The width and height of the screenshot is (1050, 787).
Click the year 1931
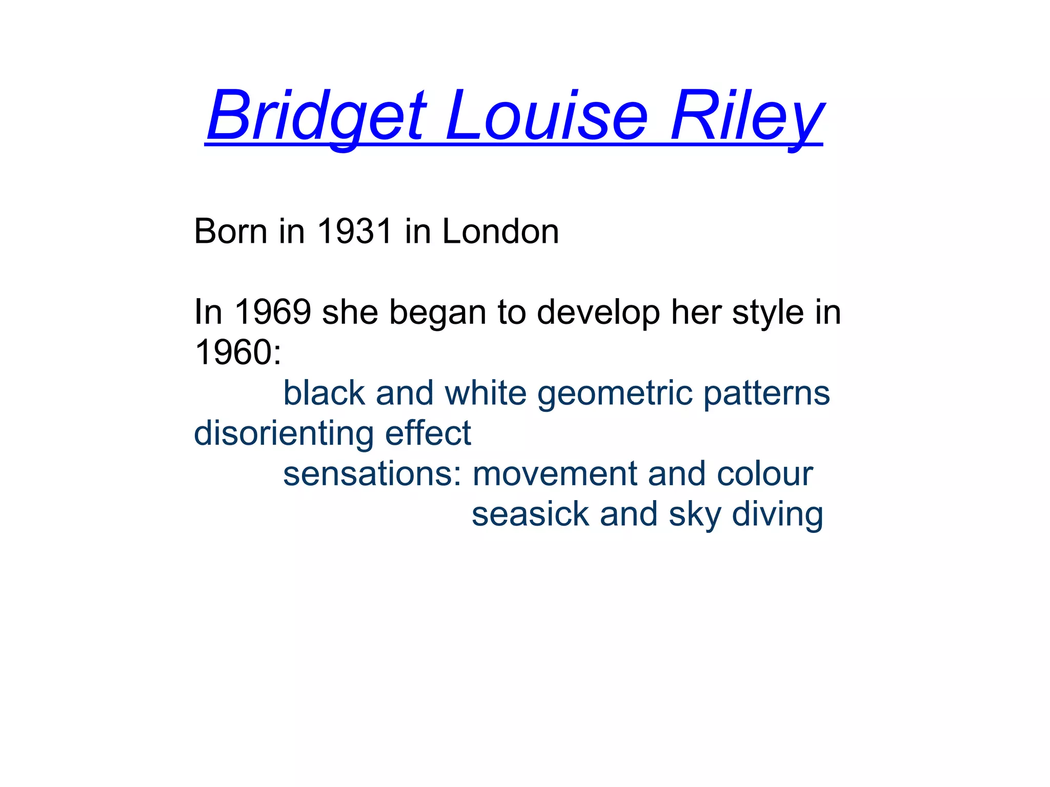click(355, 232)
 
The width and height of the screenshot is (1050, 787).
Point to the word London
click(500, 232)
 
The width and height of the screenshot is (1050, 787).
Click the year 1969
click(273, 312)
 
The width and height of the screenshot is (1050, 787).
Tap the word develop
click(598, 312)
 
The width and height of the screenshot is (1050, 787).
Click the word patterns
click(766, 393)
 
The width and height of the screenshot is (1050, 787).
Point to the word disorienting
click(284, 433)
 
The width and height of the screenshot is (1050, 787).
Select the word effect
click(428, 433)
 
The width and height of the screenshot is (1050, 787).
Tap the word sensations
click(369, 474)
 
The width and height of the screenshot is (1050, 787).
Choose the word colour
click(765, 474)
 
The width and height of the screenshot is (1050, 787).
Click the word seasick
click(531, 514)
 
